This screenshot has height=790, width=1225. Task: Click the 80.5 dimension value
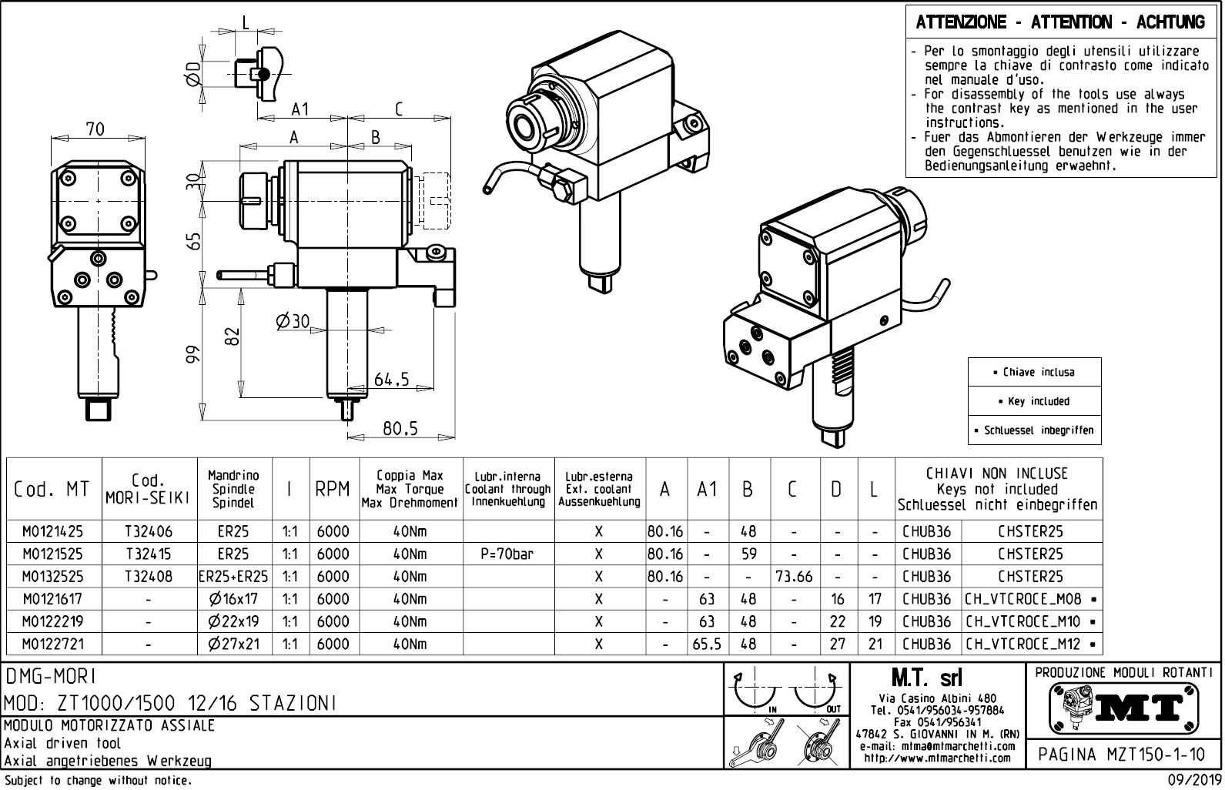pyautogui.click(x=400, y=428)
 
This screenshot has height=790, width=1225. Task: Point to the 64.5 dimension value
pyautogui.click(x=391, y=379)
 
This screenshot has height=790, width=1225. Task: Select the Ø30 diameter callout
pyautogui.click(x=293, y=322)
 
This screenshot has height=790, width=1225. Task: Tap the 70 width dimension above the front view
pyautogui.click(x=95, y=129)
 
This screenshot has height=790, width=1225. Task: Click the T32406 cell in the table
pyautogui.click(x=149, y=531)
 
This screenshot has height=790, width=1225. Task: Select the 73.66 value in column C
pyautogui.click(x=794, y=576)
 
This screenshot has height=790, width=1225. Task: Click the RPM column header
pyautogui.click(x=333, y=489)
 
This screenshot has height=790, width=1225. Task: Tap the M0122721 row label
pyautogui.click(x=52, y=644)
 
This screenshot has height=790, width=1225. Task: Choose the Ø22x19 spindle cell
pyautogui.click(x=234, y=621)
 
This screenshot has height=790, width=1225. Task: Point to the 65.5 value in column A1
pyautogui.click(x=707, y=644)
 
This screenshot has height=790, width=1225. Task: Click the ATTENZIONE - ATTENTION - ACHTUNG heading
pyautogui.click(x=1059, y=22)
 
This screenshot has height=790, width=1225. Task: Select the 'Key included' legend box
pyautogui.click(x=1034, y=401)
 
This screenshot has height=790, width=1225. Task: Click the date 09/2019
pyautogui.click(x=1192, y=781)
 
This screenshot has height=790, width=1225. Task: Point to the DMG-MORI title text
pyautogui.click(x=50, y=676)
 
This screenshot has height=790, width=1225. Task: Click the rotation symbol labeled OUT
pyautogui.click(x=818, y=690)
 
